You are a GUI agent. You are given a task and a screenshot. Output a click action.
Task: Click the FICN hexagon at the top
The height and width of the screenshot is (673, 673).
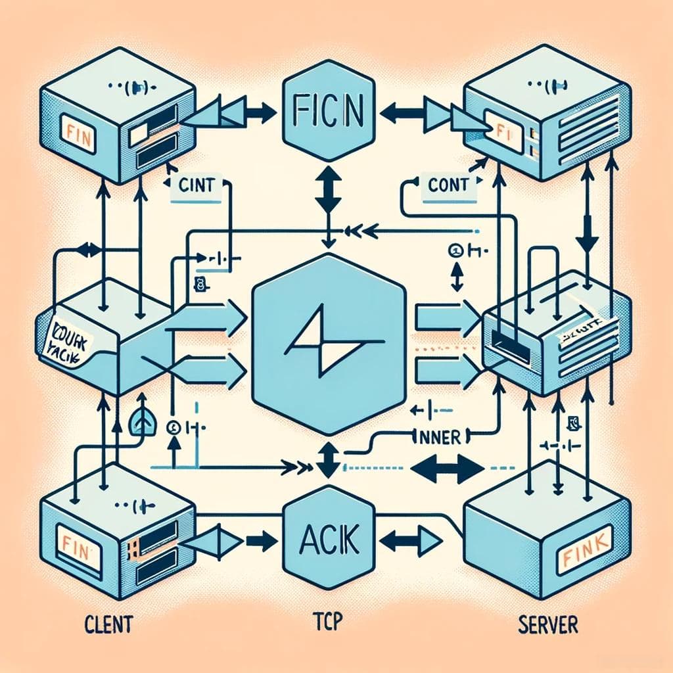coord(327,112)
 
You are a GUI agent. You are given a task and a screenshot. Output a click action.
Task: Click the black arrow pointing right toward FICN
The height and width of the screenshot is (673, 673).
coord(260,114)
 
